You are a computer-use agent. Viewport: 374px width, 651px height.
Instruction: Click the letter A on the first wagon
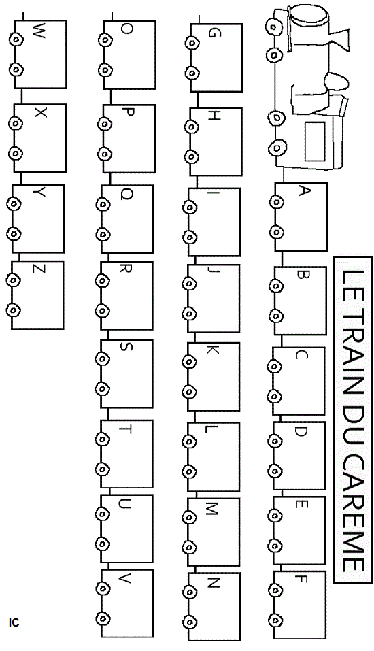click(x=305, y=191)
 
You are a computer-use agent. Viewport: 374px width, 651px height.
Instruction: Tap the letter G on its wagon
click(x=212, y=33)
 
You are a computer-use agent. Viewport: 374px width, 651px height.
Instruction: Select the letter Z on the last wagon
click(x=39, y=270)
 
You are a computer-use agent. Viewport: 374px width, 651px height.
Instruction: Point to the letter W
click(x=38, y=31)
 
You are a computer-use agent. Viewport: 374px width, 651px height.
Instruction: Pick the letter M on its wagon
click(x=212, y=509)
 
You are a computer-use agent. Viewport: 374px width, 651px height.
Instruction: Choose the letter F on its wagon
click(x=301, y=579)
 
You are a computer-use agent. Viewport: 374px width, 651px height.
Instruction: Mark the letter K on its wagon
click(x=212, y=351)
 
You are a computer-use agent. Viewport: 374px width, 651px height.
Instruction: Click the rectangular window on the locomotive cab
click(x=315, y=141)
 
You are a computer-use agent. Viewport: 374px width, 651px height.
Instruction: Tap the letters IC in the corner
click(x=14, y=622)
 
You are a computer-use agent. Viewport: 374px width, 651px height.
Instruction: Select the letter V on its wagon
click(x=124, y=579)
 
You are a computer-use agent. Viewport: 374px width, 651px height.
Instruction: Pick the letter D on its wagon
click(x=301, y=432)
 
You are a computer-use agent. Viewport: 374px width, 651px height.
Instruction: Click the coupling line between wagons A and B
click(x=283, y=259)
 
